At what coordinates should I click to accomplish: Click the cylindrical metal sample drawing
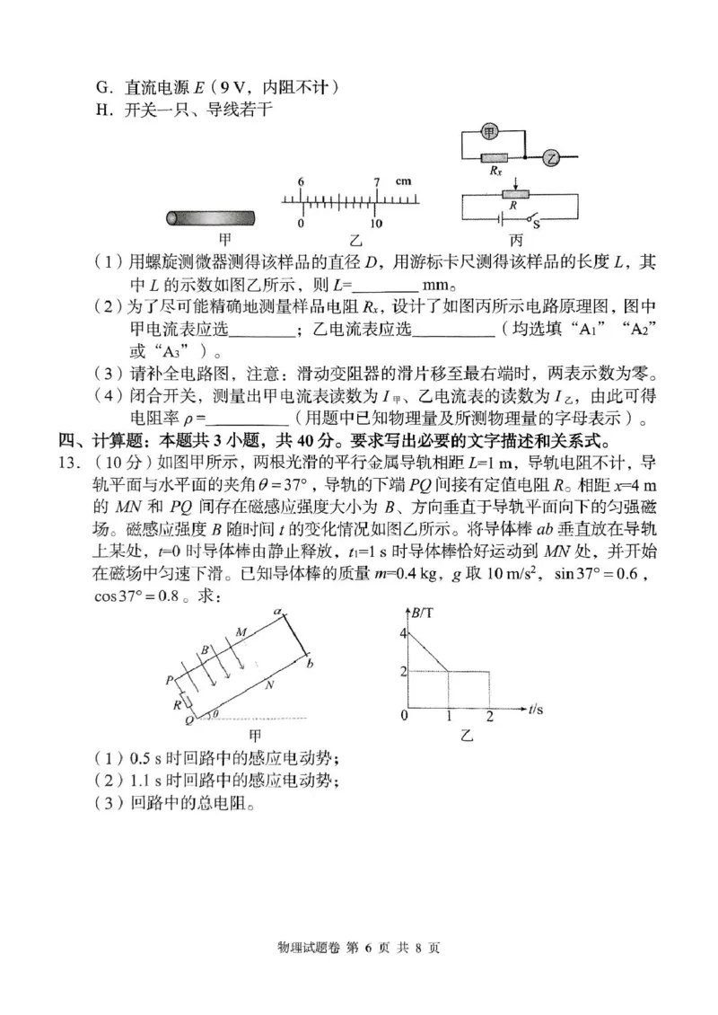click(x=211, y=218)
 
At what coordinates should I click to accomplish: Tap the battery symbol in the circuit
click(x=500, y=217)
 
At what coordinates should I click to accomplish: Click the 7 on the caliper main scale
click(x=377, y=181)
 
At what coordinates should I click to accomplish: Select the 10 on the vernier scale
click(x=377, y=223)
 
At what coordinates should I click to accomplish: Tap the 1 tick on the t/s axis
click(x=448, y=716)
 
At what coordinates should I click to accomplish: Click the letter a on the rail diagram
click(x=277, y=611)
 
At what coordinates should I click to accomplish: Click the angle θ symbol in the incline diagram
click(x=212, y=714)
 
